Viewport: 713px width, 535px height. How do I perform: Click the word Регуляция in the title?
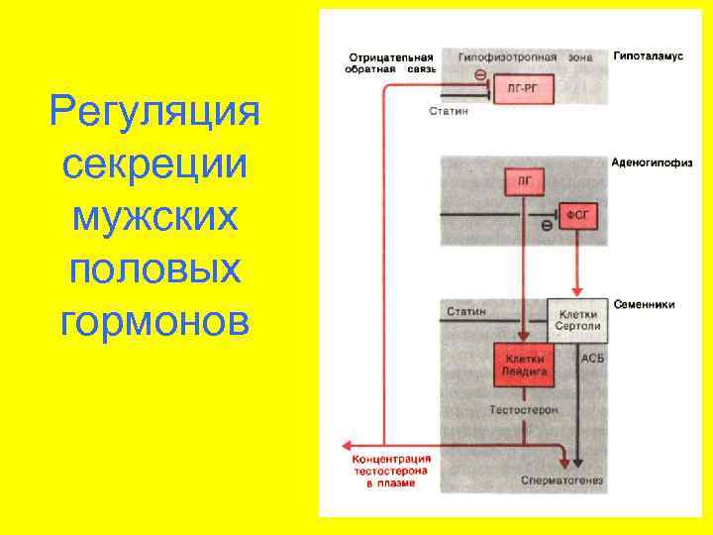(153, 111)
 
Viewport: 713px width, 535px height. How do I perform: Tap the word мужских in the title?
(153, 216)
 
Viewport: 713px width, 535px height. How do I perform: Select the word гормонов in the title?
(153, 321)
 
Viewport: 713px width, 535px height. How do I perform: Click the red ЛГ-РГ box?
(523, 89)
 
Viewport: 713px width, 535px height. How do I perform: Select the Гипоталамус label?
(648, 56)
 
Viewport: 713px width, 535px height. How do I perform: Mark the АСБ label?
(592, 357)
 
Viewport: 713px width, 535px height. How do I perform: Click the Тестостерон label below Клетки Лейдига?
(524, 409)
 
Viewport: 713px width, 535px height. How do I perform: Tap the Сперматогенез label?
(560, 481)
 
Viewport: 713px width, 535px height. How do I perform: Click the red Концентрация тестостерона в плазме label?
(393, 472)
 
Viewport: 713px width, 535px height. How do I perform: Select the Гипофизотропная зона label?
(526, 56)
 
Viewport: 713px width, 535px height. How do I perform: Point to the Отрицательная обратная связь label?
(389, 62)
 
